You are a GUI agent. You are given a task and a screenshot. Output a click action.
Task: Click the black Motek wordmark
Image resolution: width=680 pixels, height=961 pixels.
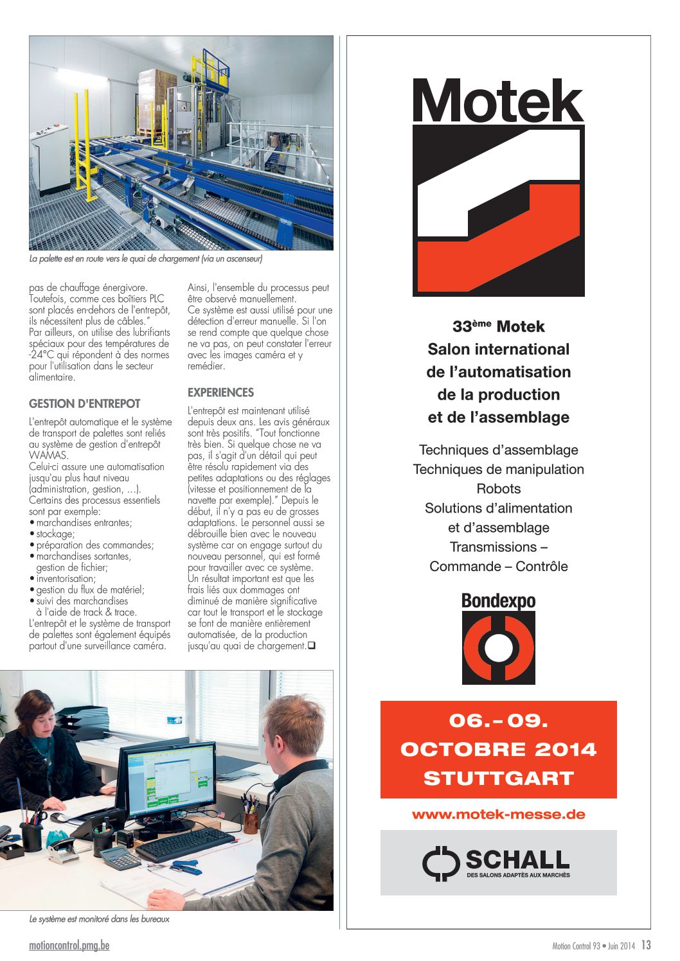coord(498,101)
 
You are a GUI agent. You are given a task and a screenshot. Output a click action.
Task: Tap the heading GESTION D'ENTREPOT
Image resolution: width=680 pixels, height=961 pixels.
coord(84,403)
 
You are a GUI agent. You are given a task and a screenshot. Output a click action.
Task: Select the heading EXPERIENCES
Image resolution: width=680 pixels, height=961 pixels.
coord(220,392)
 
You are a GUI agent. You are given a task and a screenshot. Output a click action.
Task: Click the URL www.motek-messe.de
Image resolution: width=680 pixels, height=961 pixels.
coord(498,815)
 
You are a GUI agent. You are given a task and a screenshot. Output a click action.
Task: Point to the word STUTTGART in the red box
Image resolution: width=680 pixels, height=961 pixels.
coord(498,779)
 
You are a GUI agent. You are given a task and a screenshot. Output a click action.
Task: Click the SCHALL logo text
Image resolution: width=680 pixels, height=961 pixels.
coord(517,860)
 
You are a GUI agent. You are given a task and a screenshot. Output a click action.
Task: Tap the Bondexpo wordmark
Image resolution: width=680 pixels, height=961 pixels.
coord(498,601)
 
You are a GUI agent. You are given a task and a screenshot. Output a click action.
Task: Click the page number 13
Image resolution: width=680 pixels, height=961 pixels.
coord(646,945)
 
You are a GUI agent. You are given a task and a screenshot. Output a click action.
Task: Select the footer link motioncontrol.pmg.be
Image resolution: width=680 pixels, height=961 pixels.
coord(69,946)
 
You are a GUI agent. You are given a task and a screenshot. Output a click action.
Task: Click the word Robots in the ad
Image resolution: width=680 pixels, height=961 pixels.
coord(498,489)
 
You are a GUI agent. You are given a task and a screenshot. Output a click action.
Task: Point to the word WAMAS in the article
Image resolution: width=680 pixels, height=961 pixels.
coord(48,455)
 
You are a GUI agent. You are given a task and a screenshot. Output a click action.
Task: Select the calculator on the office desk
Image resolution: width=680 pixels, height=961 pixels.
coord(120,856)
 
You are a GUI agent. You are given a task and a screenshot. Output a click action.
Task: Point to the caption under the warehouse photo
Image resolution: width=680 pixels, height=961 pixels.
coord(146,259)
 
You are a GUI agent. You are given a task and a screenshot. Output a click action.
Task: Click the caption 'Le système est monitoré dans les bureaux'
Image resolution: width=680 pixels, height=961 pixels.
coord(100,919)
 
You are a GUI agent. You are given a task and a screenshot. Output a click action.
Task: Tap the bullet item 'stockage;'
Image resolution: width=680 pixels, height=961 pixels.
coord(55,534)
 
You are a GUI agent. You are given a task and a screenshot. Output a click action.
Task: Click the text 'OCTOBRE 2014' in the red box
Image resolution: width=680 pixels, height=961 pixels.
coord(498,750)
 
